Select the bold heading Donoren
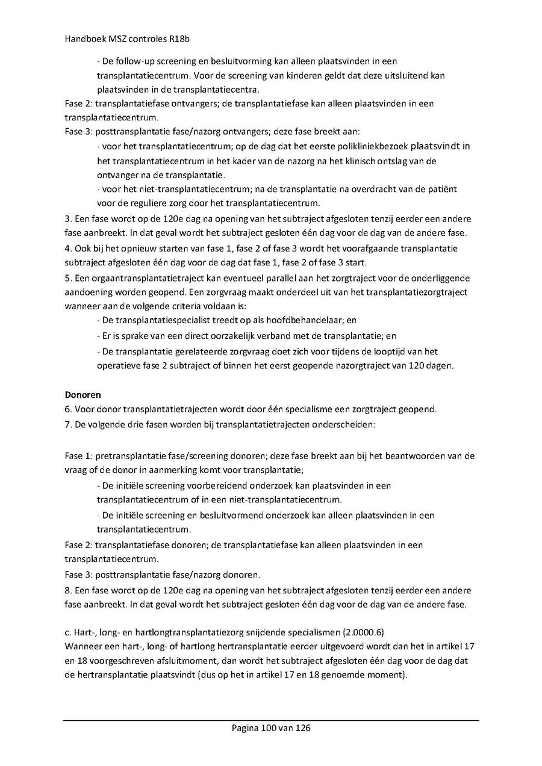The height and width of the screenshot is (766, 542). point(83,395)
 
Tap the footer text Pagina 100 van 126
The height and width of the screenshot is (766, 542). point(271,728)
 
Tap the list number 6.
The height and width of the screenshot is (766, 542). point(68,410)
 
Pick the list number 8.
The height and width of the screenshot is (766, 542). point(68,590)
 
